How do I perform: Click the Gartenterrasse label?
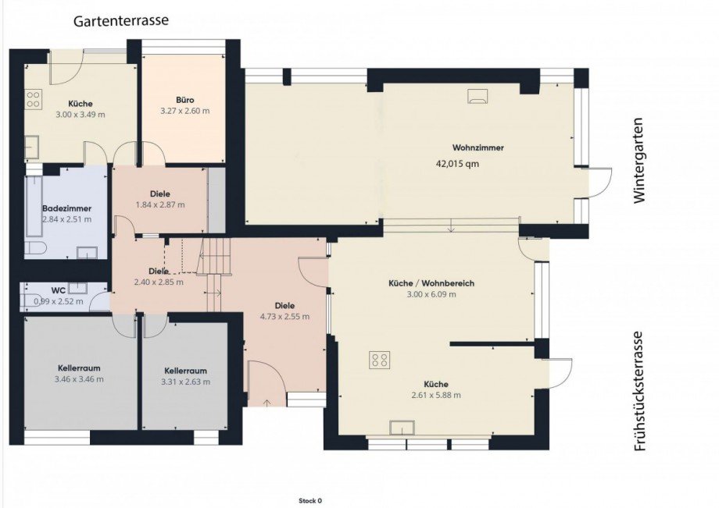(x=121, y=20)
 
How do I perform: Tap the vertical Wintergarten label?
(x=639, y=161)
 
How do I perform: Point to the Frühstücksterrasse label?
(x=639, y=391)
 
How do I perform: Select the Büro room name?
(x=184, y=100)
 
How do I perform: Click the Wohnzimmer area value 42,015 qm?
(x=457, y=164)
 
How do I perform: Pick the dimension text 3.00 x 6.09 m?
(x=431, y=294)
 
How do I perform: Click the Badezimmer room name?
(x=67, y=208)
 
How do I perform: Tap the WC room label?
(x=59, y=290)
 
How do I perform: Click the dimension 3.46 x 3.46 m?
(x=79, y=379)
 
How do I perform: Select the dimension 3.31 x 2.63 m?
(x=185, y=382)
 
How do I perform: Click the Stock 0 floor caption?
(x=310, y=501)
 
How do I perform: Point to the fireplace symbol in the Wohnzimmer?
(x=478, y=96)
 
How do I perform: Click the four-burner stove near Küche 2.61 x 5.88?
(x=380, y=360)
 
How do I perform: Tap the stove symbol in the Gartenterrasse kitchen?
(x=33, y=99)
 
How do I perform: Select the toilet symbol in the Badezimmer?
(x=36, y=247)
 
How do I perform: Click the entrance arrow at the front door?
(x=267, y=403)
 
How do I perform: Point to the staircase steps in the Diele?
(x=214, y=274)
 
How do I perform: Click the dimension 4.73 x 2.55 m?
(x=284, y=316)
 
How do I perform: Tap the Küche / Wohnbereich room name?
(x=431, y=283)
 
